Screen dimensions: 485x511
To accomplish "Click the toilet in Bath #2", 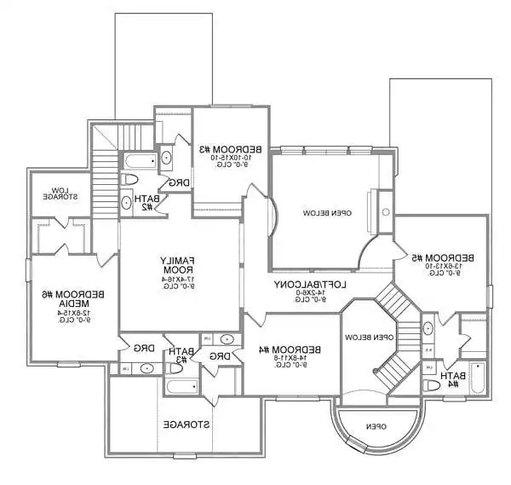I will tap(129, 179).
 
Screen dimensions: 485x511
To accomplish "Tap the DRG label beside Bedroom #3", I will tap(180, 182).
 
